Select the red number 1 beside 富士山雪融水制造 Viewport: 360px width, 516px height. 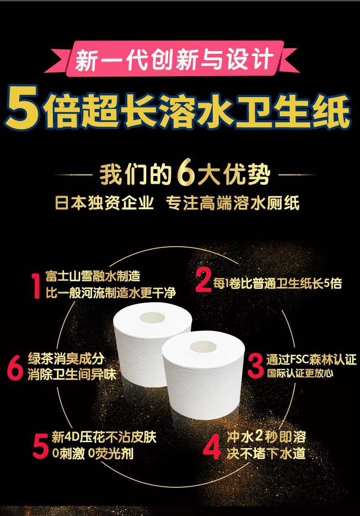[36, 285]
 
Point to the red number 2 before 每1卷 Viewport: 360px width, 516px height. [203, 280]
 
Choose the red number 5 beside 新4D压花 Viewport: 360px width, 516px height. [41, 446]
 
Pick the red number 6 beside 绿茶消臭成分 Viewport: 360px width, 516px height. [15, 367]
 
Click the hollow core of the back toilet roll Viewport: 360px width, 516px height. [152, 318]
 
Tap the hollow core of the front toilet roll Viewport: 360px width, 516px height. [203, 347]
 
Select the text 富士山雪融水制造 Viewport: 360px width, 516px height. [93, 276]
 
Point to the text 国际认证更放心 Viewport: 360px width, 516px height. [300, 373]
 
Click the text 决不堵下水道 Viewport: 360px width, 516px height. [266, 453]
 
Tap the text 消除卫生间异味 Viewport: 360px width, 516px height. [72, 374]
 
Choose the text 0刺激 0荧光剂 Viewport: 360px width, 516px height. [93, 453]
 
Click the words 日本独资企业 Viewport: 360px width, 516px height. [104, 203]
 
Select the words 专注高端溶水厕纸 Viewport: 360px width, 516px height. [233, 203]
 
